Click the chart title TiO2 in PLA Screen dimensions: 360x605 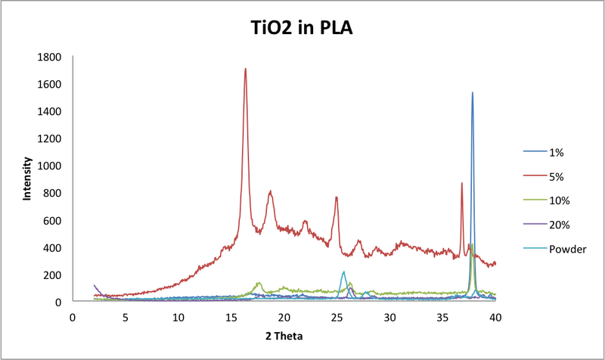click(302, 29)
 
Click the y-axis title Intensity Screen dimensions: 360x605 click(27, 178)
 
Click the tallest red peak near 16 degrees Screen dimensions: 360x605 click(246, 69)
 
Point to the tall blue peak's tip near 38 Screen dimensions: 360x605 click(473, 93)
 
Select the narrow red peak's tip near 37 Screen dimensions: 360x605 click(462, 183)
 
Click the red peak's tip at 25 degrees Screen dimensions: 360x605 click(337, 197)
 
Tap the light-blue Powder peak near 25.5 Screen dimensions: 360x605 click(343, 272)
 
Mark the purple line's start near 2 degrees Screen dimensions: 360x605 click(95, 285)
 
